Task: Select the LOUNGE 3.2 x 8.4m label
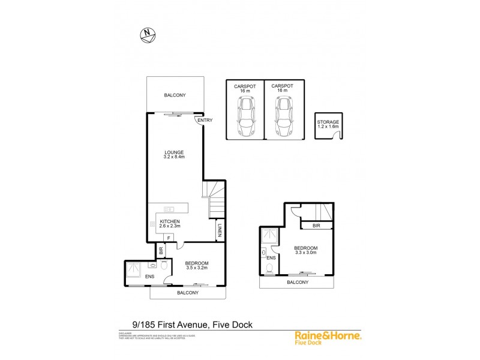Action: [x=174, y=155]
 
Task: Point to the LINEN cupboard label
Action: [x=221, y=230]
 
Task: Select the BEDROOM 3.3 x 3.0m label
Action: [x=305, y=251]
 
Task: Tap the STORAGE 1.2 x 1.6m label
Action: [x=328, y=124]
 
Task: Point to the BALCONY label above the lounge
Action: [x=175, y=95]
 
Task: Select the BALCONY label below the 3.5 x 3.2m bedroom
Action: [x=188, y=292]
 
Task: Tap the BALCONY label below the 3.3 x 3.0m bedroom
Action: [x=298, y=282]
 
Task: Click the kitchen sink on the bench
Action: [x=169, y=209]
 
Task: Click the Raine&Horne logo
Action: [x=327, y=338]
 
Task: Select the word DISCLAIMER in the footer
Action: [x=125, y=332]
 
